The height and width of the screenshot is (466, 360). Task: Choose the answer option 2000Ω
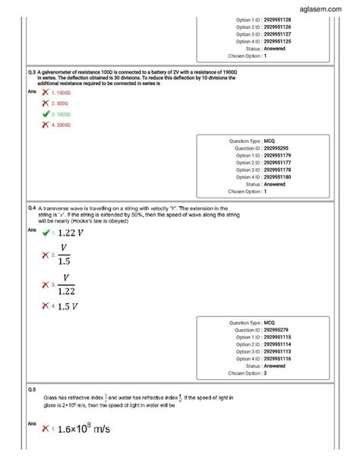tap(61, 125)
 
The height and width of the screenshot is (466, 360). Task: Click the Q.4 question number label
tap(31, 207)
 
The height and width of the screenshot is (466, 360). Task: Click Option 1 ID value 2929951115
tap(280, 338)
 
